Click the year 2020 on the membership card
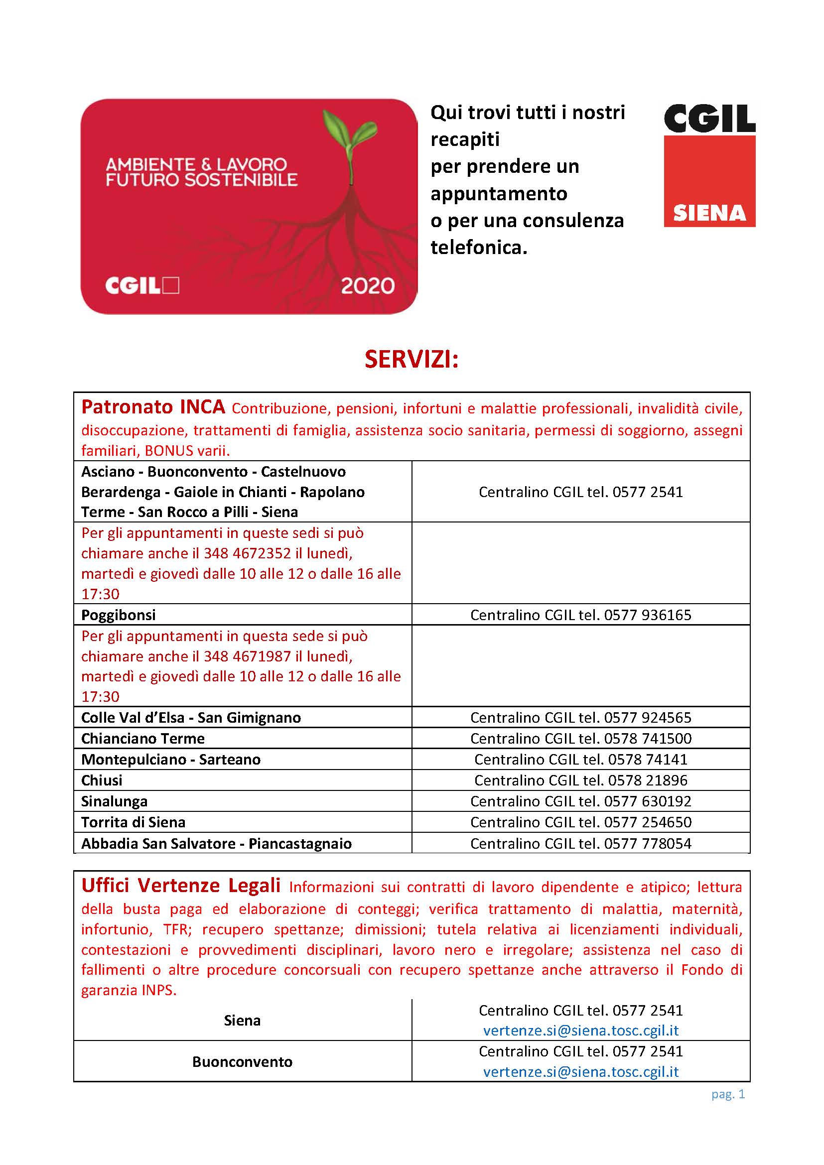tap(367, 286)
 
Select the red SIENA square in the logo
tap(709, 181)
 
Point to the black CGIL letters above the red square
tap(709, 119)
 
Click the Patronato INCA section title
tap(153, 407)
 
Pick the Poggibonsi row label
tap(118, 615)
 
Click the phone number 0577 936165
tap(648, 615)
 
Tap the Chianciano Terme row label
tap(142, 738)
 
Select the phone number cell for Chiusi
tap(580, 780)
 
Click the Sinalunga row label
tap(114, 801)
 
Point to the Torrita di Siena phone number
tap(648, 822)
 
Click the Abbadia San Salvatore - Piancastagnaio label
tap(216, 843)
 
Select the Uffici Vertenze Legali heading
tap(181, 885)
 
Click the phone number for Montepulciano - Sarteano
tap(648, 759)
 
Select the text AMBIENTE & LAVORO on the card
tap(196, 164)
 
